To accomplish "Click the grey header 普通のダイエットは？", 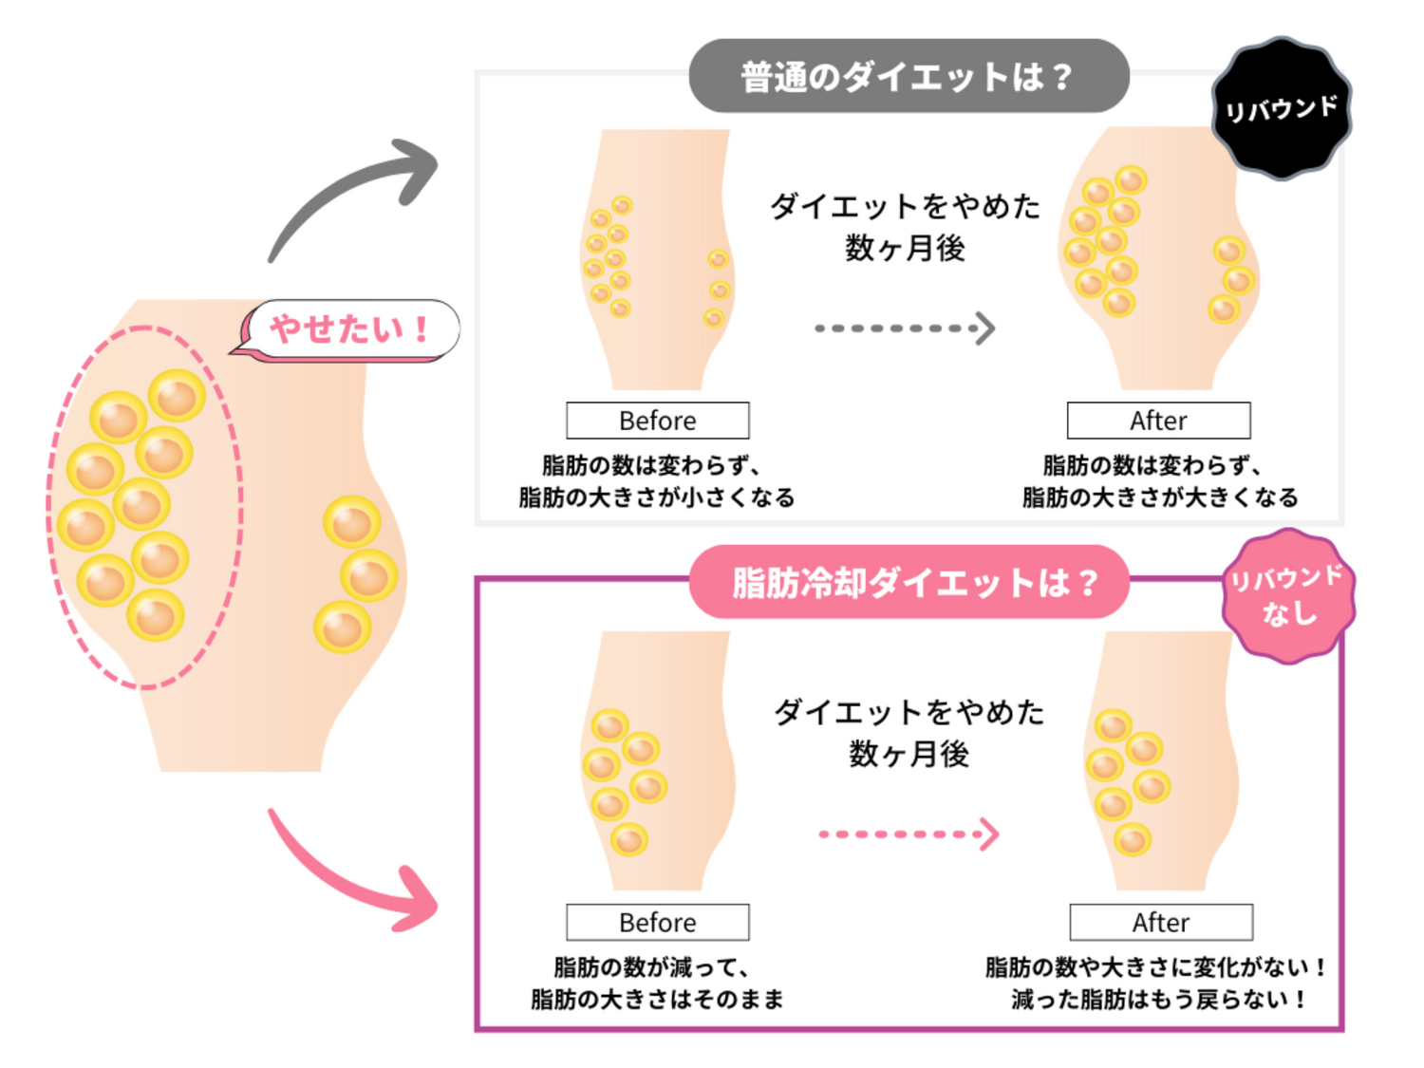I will [909, 76].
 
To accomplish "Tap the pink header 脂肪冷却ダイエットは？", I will [909, 582].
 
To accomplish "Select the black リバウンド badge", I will [1282, 108].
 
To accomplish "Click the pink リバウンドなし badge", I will [1288, 596].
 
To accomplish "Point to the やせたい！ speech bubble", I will [349, 329].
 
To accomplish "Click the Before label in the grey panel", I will [657, 421].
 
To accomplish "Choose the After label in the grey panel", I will [1158, 421].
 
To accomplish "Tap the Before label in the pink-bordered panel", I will [657, 922].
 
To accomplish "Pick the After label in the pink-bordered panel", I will [1160, 922].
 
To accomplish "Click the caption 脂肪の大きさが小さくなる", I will [656, 497].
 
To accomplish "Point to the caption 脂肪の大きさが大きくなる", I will [1159, 497].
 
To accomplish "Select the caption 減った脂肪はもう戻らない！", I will [1159, 999].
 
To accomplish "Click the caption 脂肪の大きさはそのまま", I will [657, 999].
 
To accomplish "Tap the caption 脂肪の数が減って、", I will [653, 967].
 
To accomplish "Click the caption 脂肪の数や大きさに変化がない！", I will [1156, 967].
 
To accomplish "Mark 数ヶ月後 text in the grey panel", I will [905, 249].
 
